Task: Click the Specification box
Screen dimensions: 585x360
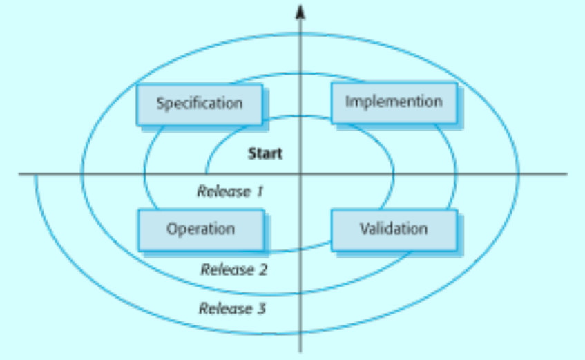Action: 200,104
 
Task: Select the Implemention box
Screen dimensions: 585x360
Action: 394,103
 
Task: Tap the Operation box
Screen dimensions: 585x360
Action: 202,230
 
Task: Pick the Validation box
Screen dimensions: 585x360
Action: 394,230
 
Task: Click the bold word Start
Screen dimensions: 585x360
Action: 265,153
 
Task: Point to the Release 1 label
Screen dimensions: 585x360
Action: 230,191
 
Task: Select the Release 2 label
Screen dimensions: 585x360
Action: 234,269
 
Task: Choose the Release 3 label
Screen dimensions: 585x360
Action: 233,308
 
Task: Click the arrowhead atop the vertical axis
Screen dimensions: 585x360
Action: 300,12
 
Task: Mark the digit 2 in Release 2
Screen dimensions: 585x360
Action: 263,269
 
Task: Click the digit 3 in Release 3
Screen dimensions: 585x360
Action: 262,308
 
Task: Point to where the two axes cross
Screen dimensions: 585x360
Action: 300,173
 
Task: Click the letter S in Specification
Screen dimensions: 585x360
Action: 160,103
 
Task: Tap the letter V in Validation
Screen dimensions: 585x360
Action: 365,228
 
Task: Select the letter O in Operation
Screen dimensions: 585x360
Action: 172,229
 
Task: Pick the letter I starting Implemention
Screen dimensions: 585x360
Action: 347,101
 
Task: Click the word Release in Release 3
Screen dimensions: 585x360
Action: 226,308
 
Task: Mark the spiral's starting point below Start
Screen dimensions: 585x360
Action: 207,173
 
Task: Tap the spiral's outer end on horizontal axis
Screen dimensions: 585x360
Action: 36,175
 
